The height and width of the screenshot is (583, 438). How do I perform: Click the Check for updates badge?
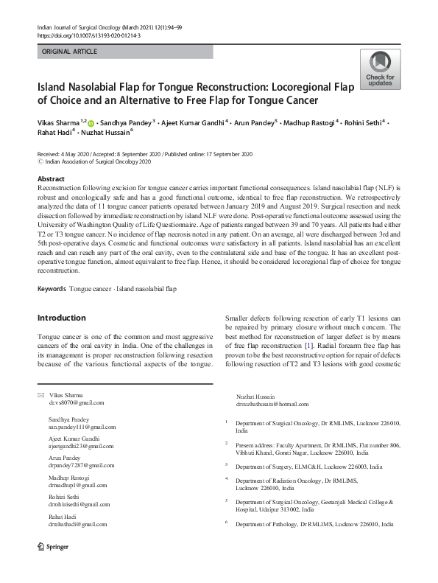tap(380, 70)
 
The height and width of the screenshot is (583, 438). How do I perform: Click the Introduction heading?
tap(61, 318)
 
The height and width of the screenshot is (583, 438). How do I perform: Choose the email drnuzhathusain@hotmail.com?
tap(272, 404)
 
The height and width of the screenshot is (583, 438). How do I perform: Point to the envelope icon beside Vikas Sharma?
tap(40, 395)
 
